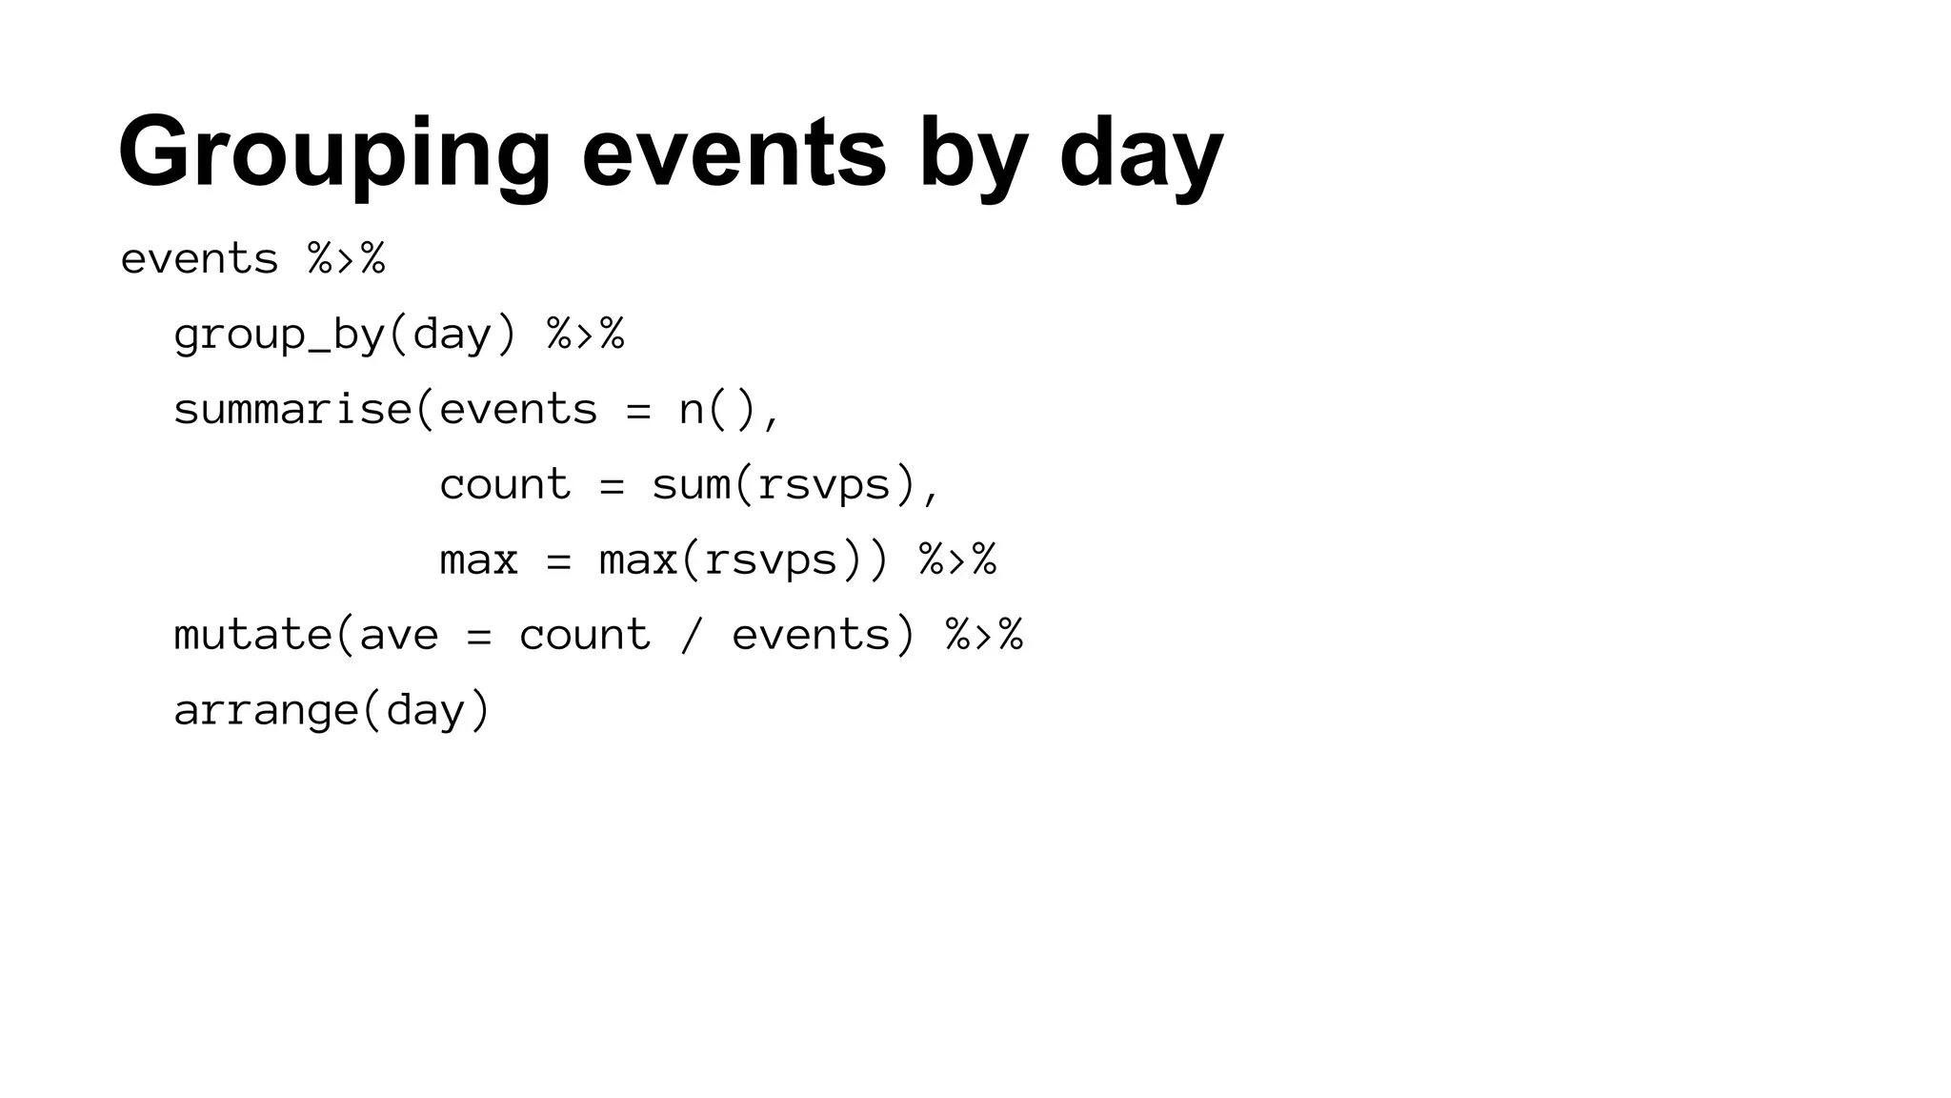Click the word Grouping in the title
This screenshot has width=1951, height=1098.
(334, 152)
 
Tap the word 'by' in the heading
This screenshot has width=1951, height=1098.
(973, 152)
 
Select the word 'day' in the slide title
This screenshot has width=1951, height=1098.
(1140, 152)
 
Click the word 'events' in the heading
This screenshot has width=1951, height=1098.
(734, 152)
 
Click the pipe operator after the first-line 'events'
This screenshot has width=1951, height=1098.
(347, 259)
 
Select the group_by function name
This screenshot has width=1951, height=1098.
(279, 335)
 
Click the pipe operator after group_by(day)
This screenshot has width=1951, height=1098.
(586, 335)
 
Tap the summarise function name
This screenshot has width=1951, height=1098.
(292, 410)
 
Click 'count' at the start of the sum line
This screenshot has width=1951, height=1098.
(505, 484)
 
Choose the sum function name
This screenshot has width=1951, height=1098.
(691, 484)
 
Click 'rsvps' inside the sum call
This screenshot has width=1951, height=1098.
(823, 484)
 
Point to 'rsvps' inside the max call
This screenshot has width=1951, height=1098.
(771, 559)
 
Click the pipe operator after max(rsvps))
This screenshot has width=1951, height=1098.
(958, 559)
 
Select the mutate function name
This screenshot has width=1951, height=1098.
(252, 635)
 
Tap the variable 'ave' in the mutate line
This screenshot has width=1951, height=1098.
(399, 635)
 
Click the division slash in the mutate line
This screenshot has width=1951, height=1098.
(692, 635)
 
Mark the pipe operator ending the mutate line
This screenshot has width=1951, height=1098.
(985, 635)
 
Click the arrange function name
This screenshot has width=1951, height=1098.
(266, 710)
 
